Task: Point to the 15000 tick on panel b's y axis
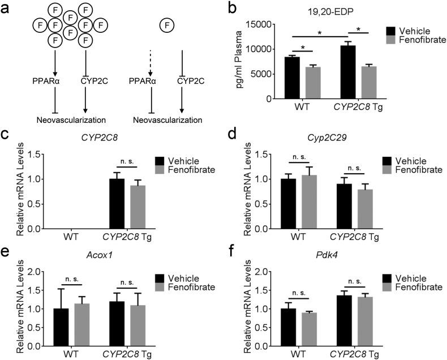(x=258, y=24)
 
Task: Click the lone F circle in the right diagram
(x=166, y=24)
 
